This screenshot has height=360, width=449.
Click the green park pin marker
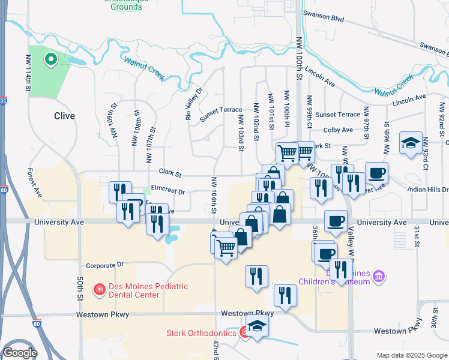point(51,59)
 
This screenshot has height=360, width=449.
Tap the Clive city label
point(64,116)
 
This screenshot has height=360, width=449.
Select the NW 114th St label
point(28,73)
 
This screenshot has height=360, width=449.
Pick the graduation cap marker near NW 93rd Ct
point(411,143)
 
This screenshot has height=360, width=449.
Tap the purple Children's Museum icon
point(378,276)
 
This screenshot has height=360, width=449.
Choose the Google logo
point(20,353)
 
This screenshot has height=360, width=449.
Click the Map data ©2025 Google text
point(411,355)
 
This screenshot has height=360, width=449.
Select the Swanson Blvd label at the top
point(324,19)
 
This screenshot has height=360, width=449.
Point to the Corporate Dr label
point(104,265)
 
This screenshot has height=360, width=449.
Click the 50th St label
point(79,289)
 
